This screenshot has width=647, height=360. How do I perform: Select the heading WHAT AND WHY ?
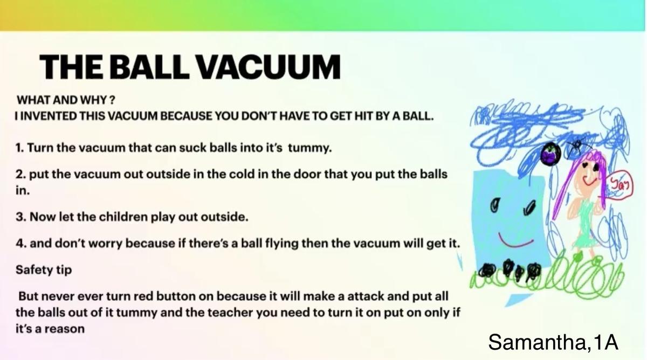click(x=66, y=100)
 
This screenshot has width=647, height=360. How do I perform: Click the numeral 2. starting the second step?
click(x=21, y=175)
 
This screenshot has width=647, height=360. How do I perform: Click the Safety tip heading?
click(x=44, y=270)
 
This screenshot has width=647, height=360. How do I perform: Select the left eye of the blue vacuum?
click(x=495, y=205)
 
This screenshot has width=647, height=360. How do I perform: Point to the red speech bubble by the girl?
click(x=621, y=185)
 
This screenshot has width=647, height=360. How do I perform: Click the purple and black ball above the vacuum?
click(x=550, y=155)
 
